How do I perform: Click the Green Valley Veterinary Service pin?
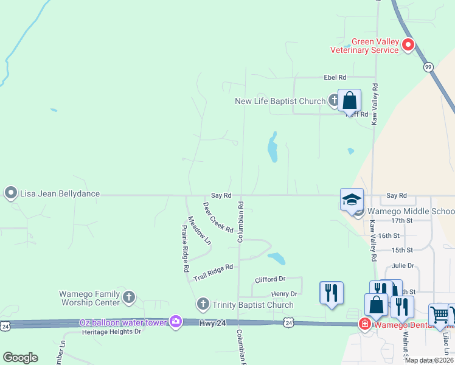pyautogui.click(x=409, y=44)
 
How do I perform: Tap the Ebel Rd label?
pyautogui.click(x=335, y=78)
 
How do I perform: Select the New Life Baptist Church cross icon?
pyautogui.click(x=334, y=100)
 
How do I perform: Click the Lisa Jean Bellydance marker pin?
pyautogui.click(x=10, y=193)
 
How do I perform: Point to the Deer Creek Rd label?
pyautogui.click(x=218, y=217)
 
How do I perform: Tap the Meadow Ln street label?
pyautogui.click(x=200, y=231)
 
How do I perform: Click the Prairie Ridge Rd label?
pyautogui.click(x=186, y=248)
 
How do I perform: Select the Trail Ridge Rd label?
pyautogui.click(x=214, y=272)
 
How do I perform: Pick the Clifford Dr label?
pyautogui.click(x=270, y=279)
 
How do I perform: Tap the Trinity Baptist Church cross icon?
pyautogui.click(x=203, y=304)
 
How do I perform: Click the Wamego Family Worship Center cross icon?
pyautogui.click(x=128, y=297)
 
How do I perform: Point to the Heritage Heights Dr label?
pyautogui.click(x=111, y=332)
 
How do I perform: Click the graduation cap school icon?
pyautogui.click(x=352, y=199)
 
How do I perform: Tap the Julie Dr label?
pyautogui.click(x=403, y=265)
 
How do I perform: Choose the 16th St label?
pyautogui.click(x=388, y=235)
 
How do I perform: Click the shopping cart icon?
pyautogui.click(x=439, y=315)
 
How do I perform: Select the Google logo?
pyautogui.click(x=20, y=358)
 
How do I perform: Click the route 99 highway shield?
pyautogui.click(x=428, y=66)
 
